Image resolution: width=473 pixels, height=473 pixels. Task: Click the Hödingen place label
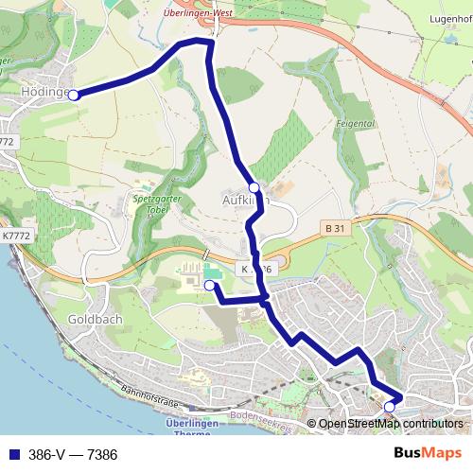click(x=40, y=93)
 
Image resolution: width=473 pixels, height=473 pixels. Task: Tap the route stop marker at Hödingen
click(x=73, y=94)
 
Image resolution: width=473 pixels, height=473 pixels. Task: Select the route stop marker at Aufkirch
click(x=254, y=187)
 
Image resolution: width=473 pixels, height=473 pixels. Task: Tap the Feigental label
click(x=357, y=124)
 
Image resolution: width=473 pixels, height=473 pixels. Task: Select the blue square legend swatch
click(x=13, y=455)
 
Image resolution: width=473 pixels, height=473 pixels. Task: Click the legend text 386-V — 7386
click(x=73, y=455)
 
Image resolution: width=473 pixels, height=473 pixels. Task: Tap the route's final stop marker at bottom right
click(x=390, y=406)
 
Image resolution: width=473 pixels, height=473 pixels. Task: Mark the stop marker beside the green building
click(x=209, y=285)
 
